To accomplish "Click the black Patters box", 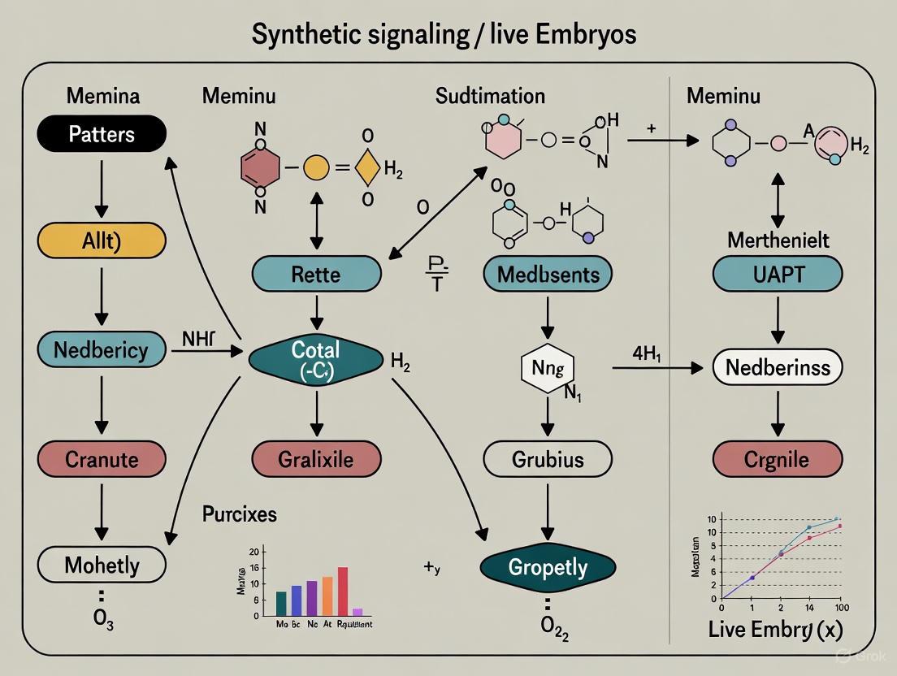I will point(102,133).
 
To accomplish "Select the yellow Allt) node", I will point(102,240).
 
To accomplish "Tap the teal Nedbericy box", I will point(102,350).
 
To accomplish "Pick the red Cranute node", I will point(102,459).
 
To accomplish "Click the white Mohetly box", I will point(102,565).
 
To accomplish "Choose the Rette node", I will point(316,274).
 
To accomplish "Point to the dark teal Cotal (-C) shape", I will point(316,357).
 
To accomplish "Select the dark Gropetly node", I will point(547,566).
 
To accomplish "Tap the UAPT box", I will point(777,274).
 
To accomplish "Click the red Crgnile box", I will point(777,459).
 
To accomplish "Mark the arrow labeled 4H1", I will point(656,368).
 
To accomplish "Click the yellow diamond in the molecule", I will point(367,169).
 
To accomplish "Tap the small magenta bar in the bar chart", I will point(357,611).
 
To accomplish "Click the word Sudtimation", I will point(490,96).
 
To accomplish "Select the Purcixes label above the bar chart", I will point(239,514).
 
